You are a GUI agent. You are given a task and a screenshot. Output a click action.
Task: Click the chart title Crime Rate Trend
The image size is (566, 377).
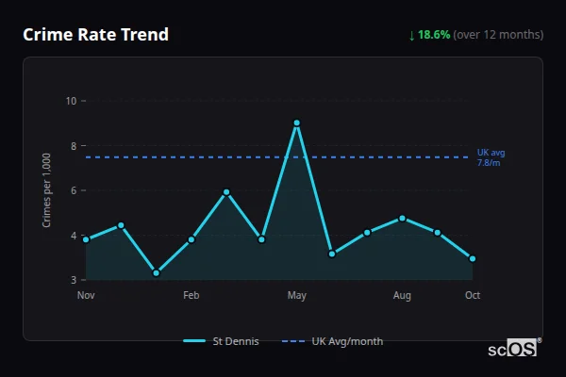[95, 35]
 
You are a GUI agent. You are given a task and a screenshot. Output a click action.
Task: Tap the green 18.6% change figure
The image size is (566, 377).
[435, 35]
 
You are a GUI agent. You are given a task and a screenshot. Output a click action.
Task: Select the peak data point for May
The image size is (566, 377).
[296, 123]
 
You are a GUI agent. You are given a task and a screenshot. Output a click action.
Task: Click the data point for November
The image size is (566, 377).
[86, 239]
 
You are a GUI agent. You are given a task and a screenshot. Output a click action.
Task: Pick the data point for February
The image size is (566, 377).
[191, 239]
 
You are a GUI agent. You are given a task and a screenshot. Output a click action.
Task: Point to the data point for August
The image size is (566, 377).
[402, 218]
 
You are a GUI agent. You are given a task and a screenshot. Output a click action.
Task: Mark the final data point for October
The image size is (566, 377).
[472, 258]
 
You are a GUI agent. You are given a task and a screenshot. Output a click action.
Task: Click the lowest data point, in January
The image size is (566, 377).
[156, 273]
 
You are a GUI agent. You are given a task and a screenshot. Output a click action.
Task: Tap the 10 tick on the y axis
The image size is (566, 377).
[71, 101]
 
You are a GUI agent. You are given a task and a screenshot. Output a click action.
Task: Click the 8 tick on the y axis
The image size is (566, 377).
[74, 146]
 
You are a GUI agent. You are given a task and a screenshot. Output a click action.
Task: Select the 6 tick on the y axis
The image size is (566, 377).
[74, 190]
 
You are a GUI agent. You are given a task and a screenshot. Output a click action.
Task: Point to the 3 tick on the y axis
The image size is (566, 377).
[74, 280]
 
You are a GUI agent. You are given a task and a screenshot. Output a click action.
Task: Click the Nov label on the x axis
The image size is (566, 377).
[86, 296]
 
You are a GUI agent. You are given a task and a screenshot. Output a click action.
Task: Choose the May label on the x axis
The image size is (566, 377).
[296, 296]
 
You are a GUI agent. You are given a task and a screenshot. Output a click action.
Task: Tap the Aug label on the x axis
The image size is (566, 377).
[402, 296]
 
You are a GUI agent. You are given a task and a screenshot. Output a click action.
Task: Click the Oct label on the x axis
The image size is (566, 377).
[472, 296]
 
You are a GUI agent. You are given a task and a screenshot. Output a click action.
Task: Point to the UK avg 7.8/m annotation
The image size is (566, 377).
[491, 157]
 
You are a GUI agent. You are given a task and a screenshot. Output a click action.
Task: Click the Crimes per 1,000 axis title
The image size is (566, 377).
[47, 190]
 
